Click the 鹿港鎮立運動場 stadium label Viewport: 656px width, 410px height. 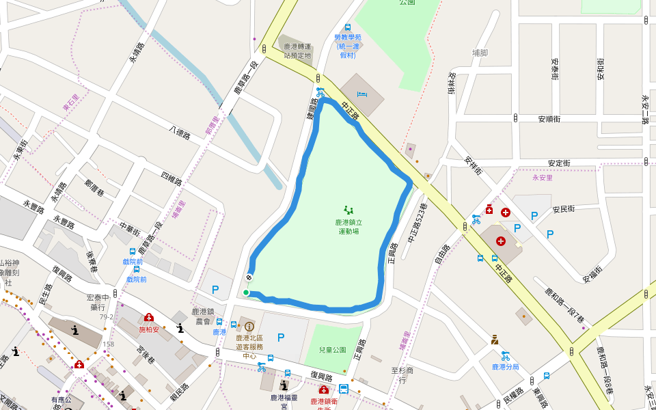(348, 227)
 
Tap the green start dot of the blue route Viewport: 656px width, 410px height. (246, 292)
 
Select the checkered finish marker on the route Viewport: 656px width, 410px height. (249, 277)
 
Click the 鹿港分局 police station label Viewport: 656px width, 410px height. (505, 367)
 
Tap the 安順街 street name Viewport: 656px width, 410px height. (549, 119)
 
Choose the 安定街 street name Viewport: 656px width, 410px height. (559, 163)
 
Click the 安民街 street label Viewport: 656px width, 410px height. (564, 208)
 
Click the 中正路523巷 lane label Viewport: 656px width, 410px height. (416, 223)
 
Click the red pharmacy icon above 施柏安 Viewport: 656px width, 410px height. (149, 317)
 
